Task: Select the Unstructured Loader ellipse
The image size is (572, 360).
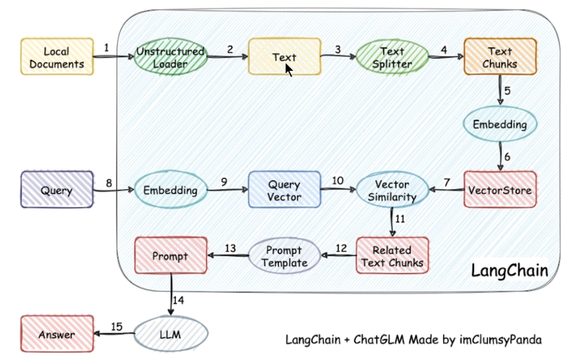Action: point(170,57)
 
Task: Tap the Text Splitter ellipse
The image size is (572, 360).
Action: point(392,57)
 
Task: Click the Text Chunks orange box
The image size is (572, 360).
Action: point(500,57)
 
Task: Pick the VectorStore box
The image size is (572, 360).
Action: point(500,189)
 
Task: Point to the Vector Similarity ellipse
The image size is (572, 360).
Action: point(392,190)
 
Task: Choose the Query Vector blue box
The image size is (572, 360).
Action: point(284,190)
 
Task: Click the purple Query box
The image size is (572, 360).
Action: point(57,190)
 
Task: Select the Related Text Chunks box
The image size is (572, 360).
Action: point(392,256)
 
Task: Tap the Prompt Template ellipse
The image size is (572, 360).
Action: point(284,256)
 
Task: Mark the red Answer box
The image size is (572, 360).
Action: point(57,334)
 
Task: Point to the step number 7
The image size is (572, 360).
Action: point(447,182)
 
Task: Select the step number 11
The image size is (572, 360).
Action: point(400,220)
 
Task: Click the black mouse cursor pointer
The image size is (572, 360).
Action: point(289,69)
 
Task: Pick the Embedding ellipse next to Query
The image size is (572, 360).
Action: point(170,190)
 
